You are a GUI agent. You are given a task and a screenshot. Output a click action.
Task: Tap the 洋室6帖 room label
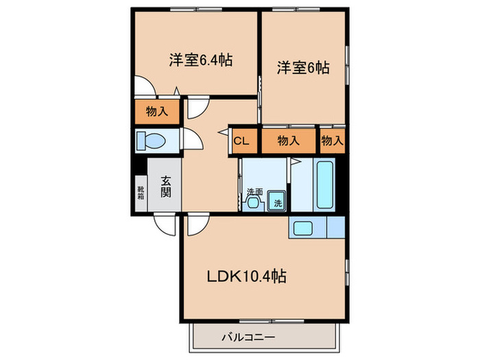pyautogui.click(x=302, y=68)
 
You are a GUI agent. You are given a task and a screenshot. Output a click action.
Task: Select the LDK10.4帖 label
pyautogui.click(x=247, y=276)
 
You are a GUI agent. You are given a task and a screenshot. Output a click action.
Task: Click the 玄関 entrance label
pyautogui.click(x=166, y=187)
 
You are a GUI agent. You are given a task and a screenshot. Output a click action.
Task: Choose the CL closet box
pyautogui.click(x=241, y=141)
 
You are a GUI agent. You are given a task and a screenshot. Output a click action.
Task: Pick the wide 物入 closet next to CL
pyautogui.click(x=288, y=141)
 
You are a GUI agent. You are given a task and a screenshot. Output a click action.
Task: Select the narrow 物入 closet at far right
pyautogui.click(x=332, y=141)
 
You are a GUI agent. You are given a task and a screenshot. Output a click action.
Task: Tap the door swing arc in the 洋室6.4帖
pyautogui.click(x=145, y=86)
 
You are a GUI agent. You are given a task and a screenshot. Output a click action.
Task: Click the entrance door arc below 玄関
pyautogui.click(x=165, y=224)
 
